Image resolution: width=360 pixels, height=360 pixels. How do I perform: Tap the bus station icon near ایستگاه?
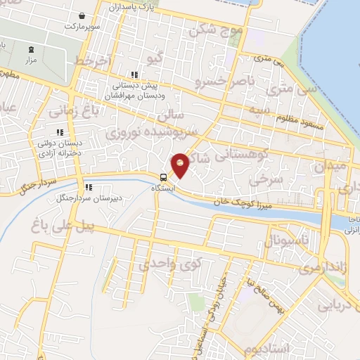163,177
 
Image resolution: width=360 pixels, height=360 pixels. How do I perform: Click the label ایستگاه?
165,188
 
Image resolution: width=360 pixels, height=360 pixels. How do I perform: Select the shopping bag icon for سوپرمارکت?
83,15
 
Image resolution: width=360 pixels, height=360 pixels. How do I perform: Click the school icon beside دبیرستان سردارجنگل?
89,187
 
